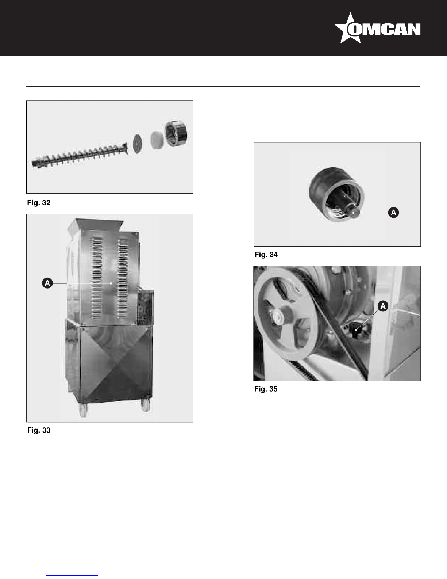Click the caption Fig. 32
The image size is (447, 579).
[39, 203]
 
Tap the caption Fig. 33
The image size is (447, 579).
[39, 430]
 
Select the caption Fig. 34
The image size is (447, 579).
[266, 255]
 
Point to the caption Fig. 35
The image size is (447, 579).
[266, 389]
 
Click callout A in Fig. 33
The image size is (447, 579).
[47, 283]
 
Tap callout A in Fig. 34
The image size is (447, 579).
[393, 213]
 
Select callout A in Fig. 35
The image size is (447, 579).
[383, 306]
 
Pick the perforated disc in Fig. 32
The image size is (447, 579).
[137, 144]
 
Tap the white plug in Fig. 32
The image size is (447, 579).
[157, 140]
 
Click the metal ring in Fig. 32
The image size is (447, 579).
[176, 134]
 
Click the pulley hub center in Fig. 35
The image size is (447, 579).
[278, 317]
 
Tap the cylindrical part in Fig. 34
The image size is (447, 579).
[336, 194]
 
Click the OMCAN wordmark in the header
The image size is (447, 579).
[384, 29]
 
